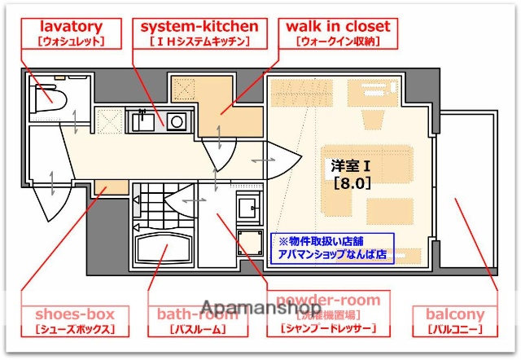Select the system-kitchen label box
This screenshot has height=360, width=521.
coord(200,33)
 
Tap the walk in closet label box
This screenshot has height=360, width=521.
coord(338,33)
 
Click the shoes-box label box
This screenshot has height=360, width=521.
coord(74,321)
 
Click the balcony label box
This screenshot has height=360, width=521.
coord(455,321)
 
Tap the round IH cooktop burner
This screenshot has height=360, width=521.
coord(176,122)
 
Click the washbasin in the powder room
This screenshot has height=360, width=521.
coord(247,206)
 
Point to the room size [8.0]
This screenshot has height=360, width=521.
coord(352,183)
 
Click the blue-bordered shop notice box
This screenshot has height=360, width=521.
coord(331,248)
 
